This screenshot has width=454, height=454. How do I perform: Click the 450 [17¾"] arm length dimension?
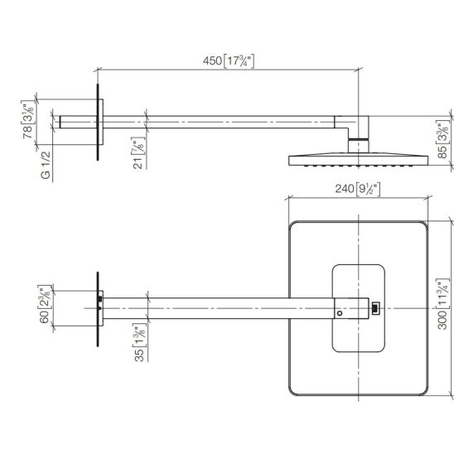(x=229, y=61)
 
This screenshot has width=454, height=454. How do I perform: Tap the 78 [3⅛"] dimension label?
(x=28, y=119)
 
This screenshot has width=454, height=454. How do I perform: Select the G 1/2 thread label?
(x=46, y=165)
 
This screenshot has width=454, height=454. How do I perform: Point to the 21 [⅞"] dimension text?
(x=139, y=153)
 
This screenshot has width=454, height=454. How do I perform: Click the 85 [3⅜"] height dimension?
(x=443, y=140)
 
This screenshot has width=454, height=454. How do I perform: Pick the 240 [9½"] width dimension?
(x=358, y=189)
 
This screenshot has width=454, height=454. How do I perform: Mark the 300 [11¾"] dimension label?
(x=443, y=304)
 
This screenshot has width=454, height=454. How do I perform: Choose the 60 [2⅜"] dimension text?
(x=46, y=304)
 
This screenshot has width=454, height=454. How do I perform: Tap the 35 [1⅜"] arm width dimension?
(x=139, y=342)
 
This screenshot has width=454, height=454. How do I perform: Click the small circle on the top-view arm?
(x=340, y=313)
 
